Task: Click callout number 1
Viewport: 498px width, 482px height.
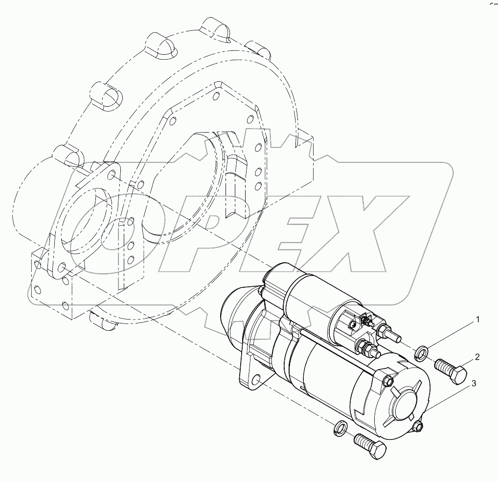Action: click(477, 321)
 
